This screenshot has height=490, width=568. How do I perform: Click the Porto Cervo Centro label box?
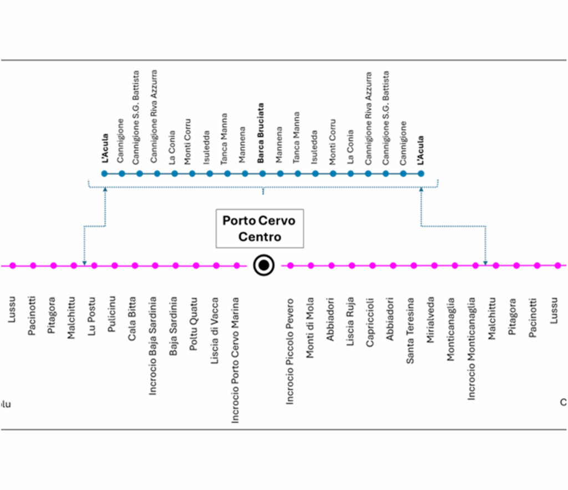click(x=259, y=228)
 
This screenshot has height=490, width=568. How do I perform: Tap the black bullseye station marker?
click(x=263, y=266)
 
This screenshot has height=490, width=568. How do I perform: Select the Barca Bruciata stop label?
click(x=261, y=133)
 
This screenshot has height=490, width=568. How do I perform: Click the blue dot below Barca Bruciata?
click(x=262, y=173)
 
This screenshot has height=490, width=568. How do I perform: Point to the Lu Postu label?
click(x=92, y=317)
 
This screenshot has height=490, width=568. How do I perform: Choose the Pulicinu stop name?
click(x=112, y=315)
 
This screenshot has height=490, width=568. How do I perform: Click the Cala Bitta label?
click(x=133, y=319)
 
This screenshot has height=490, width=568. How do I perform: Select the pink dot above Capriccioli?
click(x=372, y=266)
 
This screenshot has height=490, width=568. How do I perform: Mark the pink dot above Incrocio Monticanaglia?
click(x=475, y=266)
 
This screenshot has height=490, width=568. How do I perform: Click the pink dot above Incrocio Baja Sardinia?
click(x=155, y=266)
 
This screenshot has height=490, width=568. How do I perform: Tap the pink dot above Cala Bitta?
click(x=135, y=266)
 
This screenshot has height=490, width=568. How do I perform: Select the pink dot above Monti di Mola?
click(x=311, y=266)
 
